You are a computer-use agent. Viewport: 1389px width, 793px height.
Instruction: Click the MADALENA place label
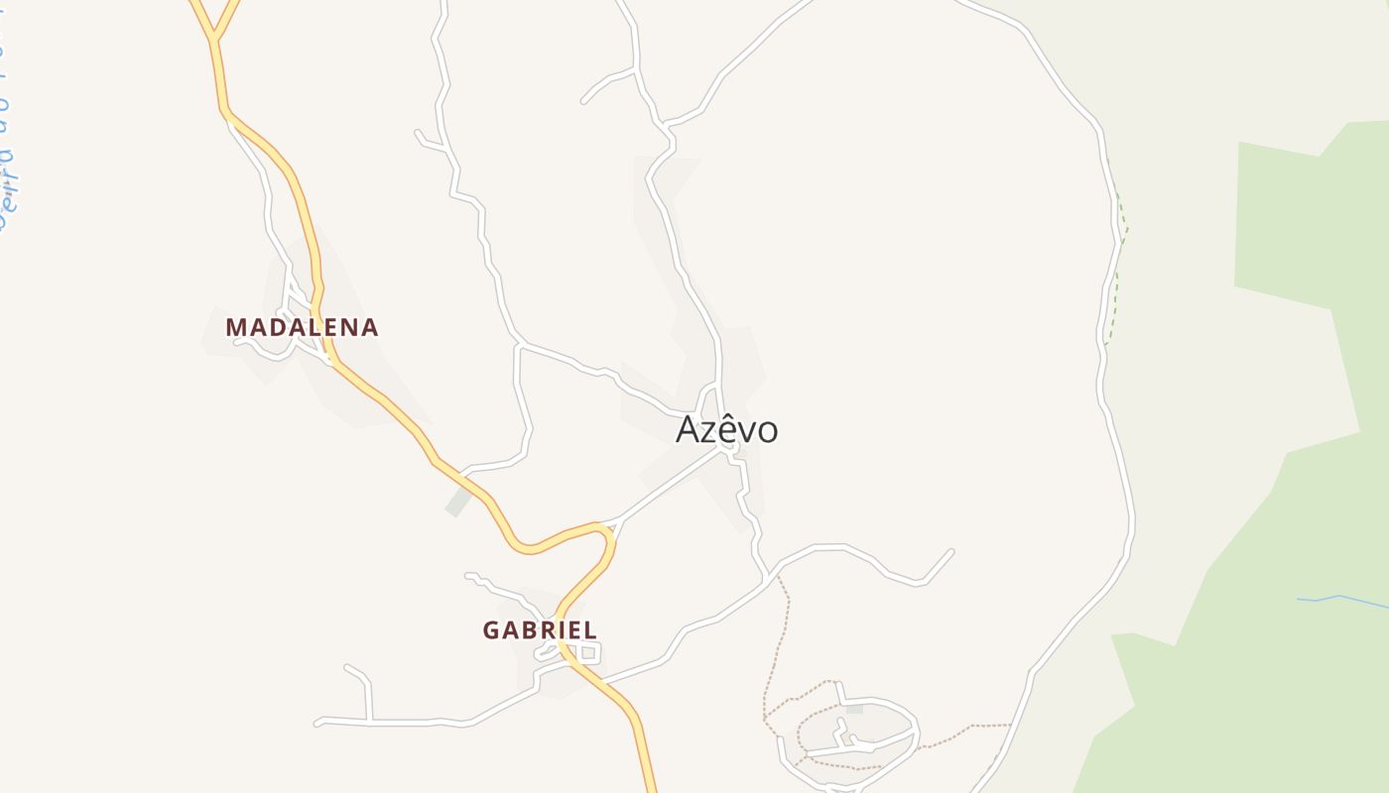click(302, 327)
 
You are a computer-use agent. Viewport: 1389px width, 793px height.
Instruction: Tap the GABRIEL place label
click(540, 629)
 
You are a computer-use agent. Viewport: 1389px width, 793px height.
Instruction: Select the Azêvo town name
click(726, 429)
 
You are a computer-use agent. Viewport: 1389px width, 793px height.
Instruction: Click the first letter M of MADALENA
click(236, 327)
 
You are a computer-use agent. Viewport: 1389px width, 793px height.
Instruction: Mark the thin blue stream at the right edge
click(1339, 598)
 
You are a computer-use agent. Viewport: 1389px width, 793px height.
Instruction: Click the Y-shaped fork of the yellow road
click(213, 38)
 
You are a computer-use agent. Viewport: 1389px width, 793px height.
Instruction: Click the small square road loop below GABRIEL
click(589, 652)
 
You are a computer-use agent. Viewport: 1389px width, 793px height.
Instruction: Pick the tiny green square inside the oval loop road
click(854, 709)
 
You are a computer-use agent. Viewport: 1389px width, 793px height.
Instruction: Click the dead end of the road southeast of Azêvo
click(951, 551)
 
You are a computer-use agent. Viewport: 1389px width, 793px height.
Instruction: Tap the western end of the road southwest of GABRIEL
click(318, 723)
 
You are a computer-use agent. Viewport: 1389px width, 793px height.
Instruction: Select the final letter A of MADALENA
click(368, 327)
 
